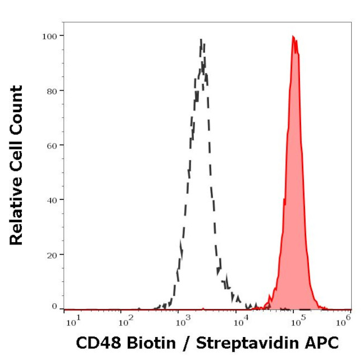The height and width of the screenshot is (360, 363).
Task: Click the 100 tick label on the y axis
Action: click(x=49, y=36)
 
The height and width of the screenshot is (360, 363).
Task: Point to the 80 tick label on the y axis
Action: click(x=51, y=90)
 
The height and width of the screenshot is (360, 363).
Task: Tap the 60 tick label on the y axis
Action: click(x=51, y=145)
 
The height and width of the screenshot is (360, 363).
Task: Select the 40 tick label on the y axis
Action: click(x=51, y=199)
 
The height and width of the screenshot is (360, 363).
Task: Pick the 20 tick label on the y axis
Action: click(x=51, y=255)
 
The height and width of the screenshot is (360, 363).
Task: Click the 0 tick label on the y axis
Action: click(x=54, y=306)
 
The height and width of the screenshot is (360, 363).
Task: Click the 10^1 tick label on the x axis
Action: click(x=72, y=321)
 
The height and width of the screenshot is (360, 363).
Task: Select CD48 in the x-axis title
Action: click(x=94, y=343)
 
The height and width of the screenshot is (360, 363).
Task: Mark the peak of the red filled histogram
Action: click(x=293, y=37)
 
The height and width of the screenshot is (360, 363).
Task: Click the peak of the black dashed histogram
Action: click(x=201, y=40)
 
